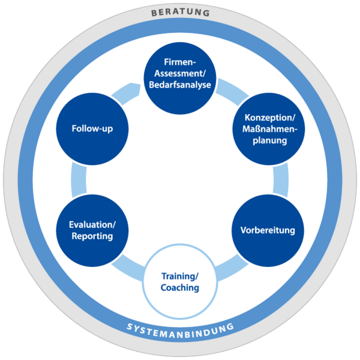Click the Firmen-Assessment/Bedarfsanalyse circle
point(180,75)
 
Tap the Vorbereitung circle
point(263,229)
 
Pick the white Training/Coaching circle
point(180,282)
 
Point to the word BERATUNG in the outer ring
point(180,12)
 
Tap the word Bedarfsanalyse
point(180,85)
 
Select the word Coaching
point(180,288)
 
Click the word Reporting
point(92,236)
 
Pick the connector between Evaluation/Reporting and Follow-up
point(77,178)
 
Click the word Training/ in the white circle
point(180,277)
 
